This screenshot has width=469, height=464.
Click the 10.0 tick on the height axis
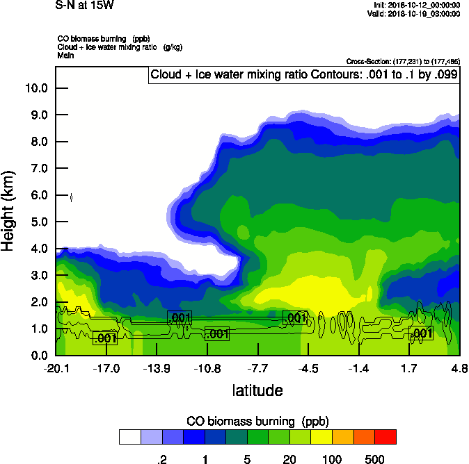click(35, 88)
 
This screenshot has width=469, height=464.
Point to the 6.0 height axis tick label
click(35, 195)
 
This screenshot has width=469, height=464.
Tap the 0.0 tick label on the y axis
click(35, 356)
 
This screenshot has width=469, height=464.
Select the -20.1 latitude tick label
click(56, 368)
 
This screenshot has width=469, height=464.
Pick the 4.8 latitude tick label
click(459, 368)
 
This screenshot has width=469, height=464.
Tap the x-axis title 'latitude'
click(257, 390)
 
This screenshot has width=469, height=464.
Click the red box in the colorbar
click(385, 436)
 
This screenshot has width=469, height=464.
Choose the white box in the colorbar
click(130, 436)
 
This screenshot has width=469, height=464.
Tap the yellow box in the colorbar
click(321, 436)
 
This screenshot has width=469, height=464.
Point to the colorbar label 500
click(374, 459)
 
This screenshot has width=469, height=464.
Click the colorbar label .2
click(162, 459)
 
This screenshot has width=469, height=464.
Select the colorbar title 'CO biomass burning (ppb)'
click(257, 422)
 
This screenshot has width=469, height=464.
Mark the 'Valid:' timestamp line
click(416, 14)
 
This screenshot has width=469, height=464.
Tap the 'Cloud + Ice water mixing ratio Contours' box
click(303, 75)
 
